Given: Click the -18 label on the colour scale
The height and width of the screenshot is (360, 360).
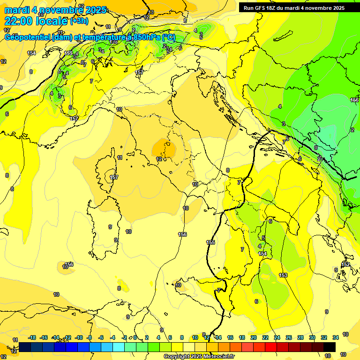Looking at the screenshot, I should pos(32,337).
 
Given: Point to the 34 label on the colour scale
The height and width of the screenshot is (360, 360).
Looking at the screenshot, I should pos(335,337).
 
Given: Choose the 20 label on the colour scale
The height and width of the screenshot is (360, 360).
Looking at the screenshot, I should pos(254,337).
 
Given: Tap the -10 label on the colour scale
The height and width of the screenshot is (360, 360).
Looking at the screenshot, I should pos(79,337).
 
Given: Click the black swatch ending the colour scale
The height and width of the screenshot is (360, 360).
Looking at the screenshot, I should pos(330,347).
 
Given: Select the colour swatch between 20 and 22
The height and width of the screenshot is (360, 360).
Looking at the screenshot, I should pos(259,347).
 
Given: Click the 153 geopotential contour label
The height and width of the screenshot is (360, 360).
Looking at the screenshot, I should pos(283,275).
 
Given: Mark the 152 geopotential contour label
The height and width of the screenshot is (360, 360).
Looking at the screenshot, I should pos(346,265).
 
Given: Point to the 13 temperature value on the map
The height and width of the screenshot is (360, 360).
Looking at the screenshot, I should pos(151,13).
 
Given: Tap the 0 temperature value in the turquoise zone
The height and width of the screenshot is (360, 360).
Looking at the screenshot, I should pos(315,147).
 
